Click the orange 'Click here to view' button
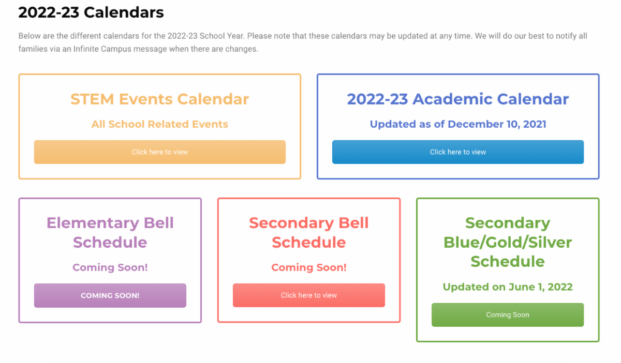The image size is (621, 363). point(160,152)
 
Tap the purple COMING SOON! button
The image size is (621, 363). point(110,295)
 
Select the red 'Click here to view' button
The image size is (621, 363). point(309,295)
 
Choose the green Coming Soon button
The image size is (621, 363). point(508,315)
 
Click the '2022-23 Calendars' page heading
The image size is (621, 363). point(91,12)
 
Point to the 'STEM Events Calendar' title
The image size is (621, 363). point(160,99)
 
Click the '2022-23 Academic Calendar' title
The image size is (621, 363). point(458,99)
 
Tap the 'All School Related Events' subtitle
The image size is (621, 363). point(160,124)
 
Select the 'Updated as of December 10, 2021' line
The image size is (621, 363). point(458,124)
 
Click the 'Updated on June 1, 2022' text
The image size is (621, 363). point(508,287)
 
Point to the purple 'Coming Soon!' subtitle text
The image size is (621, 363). point(110,267)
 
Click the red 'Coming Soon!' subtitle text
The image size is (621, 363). point(309,267)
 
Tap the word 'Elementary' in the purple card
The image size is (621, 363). point(93,223)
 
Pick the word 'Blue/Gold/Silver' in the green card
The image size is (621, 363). point(508,243)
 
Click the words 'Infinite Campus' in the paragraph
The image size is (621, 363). point(102,49)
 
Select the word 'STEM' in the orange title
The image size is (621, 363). point(92,99)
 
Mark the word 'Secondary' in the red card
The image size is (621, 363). point(291,223)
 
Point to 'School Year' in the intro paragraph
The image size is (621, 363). point(222,36)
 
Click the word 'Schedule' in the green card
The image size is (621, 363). point(508,262)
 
